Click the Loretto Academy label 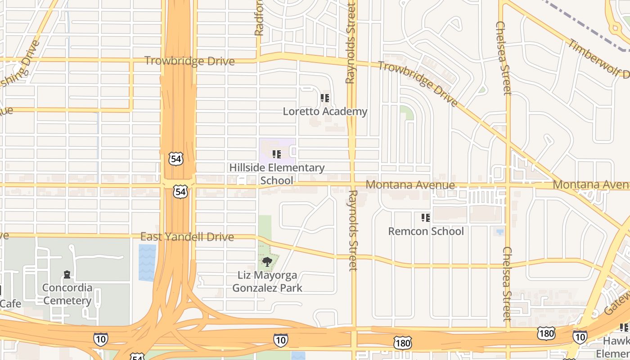[x=325, y=111]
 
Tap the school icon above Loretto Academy [x=325, y=98]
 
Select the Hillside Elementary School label [x=277, y=174]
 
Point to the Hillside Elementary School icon [x=277, y=154]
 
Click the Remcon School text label [x=426, y=231]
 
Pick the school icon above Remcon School [x=426, y=218]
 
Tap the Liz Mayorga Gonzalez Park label [x=267, y=281]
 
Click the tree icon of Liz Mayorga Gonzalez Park [x=267, y=261]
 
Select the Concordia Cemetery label [x=67, y=294]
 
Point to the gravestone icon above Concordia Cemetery [x=67, y=274]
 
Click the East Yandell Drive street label [x=187, y=237]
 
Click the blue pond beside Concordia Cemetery [x=147, y=262]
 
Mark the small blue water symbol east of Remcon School [x=499, y=232]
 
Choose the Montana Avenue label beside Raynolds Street [x=410, y=184]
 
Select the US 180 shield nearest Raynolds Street [x=402, y=342]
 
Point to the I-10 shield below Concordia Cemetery [x=100, y=339]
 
